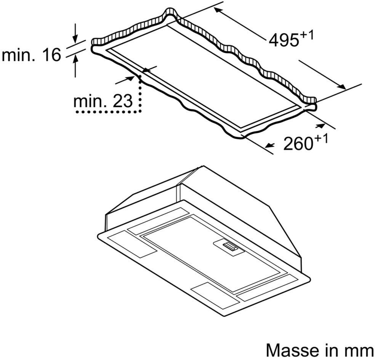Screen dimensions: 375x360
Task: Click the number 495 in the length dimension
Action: click(284, 40)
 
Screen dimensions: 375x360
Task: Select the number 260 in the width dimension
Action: click(298, 144)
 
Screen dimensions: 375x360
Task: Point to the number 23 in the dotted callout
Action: click(123, 101)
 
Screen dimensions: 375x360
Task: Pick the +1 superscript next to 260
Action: click(321, 139)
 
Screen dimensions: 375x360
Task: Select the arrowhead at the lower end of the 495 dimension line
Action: click(341, 87)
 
